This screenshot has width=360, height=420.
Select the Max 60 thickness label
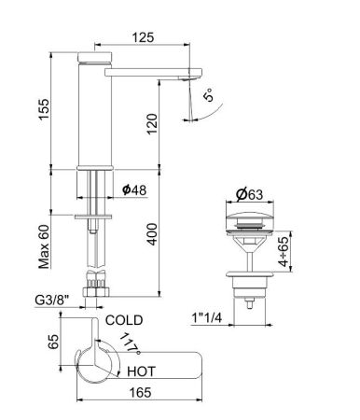point(44,245)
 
